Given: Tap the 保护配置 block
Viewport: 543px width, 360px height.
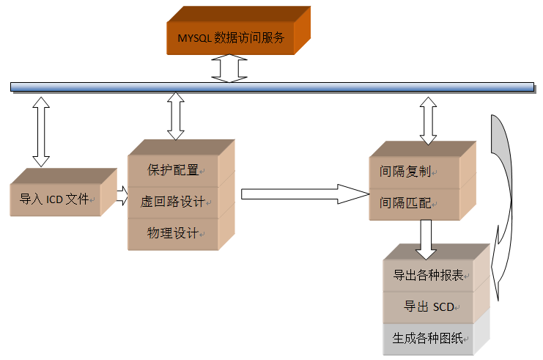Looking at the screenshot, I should pyautogui.click(x=173, y=170).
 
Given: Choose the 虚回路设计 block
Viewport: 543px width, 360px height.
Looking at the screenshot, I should pyautogui.click(x=173, y=202).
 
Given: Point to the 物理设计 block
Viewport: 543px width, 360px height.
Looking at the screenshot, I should pyautogui.click(x=173, y=234).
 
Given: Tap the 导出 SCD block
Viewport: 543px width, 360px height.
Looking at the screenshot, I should pyautogui.click(x=429, y=306).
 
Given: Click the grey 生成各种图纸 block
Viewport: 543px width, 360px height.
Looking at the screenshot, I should pyautogui.click(x=429, y=338).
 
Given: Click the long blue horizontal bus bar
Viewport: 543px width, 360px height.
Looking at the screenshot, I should pyautogui.click(x=271, y=87).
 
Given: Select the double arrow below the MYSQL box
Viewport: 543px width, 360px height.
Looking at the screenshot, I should pyautogui.click(x=229, y=68).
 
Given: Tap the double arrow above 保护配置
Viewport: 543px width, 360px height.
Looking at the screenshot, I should pyautogui.click(x=176, y=116).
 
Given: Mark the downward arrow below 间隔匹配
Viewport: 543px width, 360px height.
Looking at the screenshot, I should pyautogui.click(x=426, y=239).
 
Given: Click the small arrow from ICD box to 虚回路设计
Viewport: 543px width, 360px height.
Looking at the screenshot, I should pyautogui.click(x=122, y=196).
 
